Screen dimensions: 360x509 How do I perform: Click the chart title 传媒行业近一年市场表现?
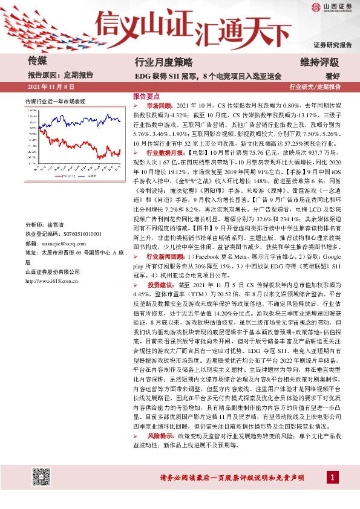(x=55, y=100)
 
